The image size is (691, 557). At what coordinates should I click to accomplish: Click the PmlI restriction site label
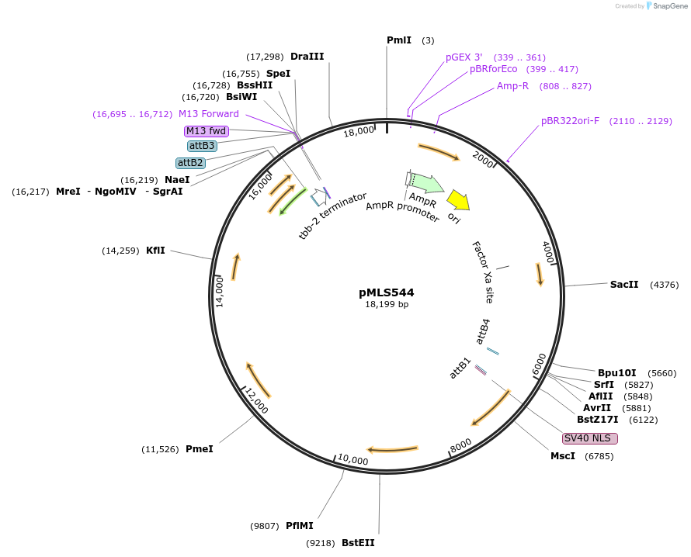click(x=399, y=40)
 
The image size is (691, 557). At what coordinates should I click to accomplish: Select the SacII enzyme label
click(x=624, y=285)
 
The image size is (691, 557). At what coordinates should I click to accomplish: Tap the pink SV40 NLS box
click(x=590, y=438)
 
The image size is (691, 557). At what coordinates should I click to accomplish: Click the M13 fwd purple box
click(x=207, y=131)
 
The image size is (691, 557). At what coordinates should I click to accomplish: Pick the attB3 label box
click(x=202, y=146)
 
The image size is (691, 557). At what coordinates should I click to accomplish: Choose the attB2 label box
click(x=190, y=163)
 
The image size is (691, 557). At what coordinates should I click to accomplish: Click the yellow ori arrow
click(x=458, y=200)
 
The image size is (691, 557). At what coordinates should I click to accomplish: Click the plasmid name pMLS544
click(x=387, y=292)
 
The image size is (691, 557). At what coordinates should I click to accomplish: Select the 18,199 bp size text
click(x=387, y=305)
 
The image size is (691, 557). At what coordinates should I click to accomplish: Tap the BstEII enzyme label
click(x=358, y=543)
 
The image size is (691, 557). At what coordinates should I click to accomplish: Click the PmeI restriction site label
click(x=199, y=449)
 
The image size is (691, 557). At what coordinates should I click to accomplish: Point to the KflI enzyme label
click(x=155, y=251)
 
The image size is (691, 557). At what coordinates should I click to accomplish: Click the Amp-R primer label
click(x=512, y=86)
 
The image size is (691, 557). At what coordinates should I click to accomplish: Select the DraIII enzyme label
click(x=307, y=57)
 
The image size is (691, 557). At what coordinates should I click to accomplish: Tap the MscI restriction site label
click(x=563, y=456)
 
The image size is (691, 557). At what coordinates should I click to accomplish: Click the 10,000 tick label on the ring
click(x=353, y=461)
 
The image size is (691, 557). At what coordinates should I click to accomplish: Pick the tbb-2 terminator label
click(x=332, y=216)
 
